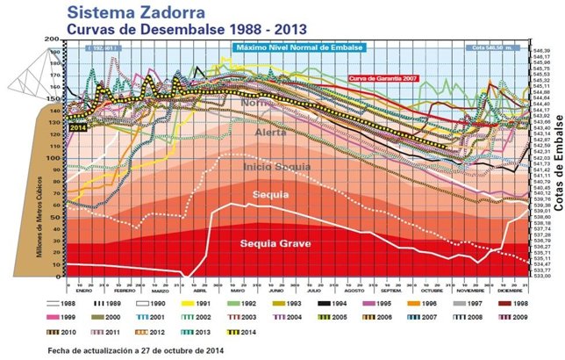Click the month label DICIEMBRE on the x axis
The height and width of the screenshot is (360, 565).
(512, 286)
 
